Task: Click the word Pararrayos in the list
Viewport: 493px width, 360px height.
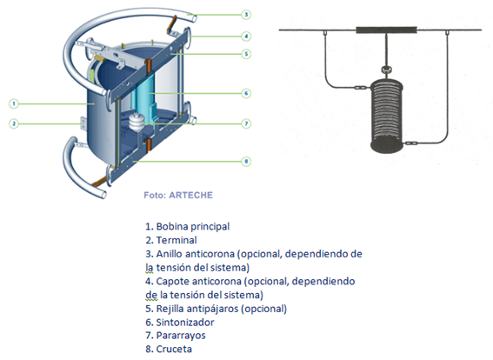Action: coord(182,334)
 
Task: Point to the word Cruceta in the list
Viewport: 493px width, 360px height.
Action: coord(175,348)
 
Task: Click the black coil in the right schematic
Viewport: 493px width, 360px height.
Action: coord(385,113)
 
